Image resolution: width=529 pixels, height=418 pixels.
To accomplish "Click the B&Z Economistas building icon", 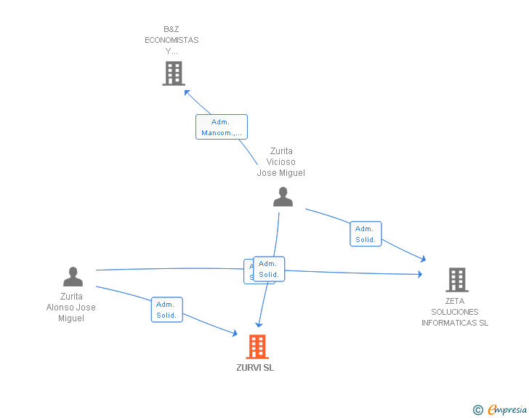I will point(174,73).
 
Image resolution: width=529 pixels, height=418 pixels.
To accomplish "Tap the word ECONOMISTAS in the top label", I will point(171,40).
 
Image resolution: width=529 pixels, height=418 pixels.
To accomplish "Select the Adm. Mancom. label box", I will point(222,127).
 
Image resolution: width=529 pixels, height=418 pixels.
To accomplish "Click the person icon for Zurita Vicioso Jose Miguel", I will point(283,197).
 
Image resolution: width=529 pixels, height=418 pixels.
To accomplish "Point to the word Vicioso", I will point(280,162).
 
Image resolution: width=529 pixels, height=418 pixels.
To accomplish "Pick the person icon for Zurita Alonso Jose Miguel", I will point(73,277).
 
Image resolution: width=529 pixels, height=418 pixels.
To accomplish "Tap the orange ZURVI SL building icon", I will point(257,347).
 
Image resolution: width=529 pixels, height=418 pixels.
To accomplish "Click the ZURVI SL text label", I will point(255,368).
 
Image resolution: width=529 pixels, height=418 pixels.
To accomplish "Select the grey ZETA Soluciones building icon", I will point(456,279).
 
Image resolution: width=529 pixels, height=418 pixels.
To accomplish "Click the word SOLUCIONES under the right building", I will point(455,312).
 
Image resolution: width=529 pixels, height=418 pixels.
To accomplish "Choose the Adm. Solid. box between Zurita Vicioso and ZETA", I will point(366,234).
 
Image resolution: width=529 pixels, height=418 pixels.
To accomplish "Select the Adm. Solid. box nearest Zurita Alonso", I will point(166,310).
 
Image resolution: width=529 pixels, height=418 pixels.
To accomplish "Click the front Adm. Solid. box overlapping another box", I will point(269,269).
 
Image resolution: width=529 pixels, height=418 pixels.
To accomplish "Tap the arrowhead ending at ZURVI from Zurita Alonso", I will point(234,333).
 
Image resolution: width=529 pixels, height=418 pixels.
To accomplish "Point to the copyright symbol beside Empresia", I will point(478,410).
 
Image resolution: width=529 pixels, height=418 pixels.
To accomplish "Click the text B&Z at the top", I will point(171,29).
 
